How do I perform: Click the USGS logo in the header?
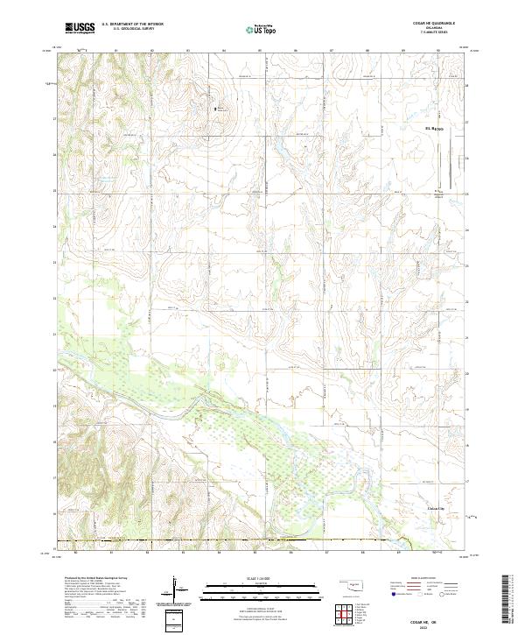80,28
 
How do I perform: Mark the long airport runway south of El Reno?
451,166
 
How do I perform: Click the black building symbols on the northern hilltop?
219,109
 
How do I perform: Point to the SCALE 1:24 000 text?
260,578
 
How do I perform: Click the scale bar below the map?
260,587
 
